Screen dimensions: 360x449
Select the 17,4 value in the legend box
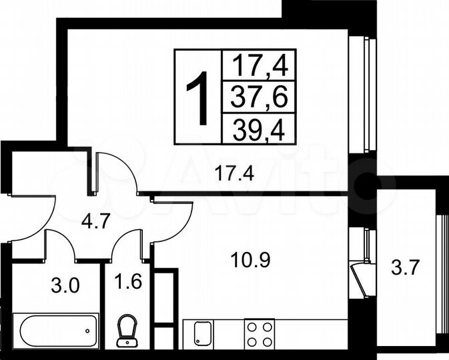click(259, 65)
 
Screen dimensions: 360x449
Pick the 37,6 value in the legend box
click(259, 97)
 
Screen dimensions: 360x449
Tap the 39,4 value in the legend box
click(259, 129)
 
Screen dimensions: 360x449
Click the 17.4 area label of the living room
click(233, 175)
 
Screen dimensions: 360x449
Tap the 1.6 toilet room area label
click(127, 279)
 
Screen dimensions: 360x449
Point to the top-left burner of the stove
click(252, 326)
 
